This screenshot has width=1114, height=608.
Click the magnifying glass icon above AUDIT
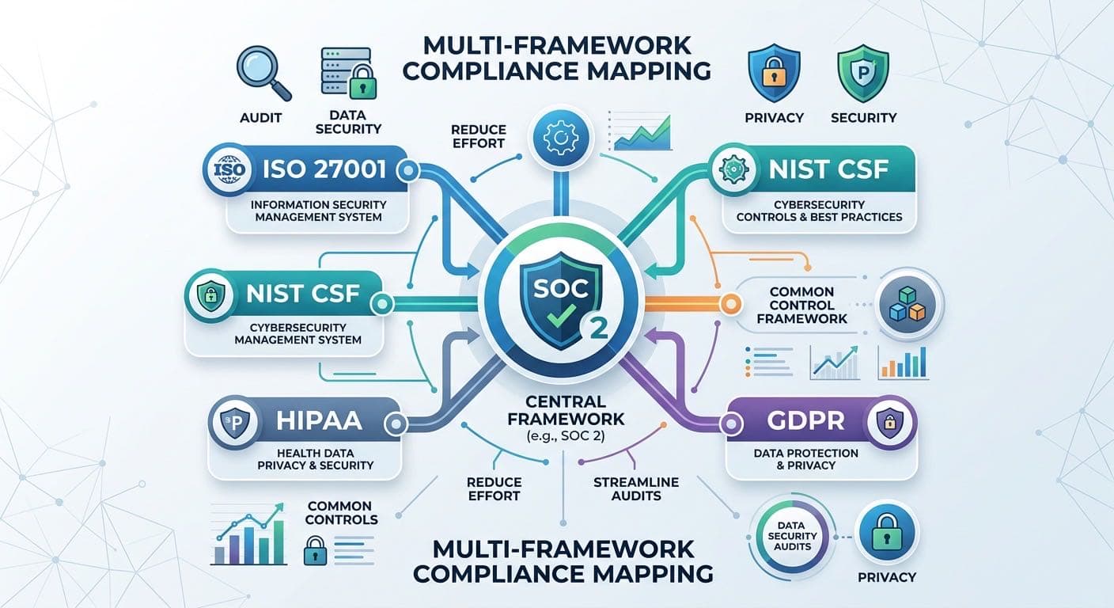(263, 73)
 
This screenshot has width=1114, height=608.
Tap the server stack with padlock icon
(349, 73)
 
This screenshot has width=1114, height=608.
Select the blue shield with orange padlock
(774, 73)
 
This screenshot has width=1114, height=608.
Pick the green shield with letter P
(863, 73)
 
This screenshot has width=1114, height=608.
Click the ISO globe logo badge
(229, 169)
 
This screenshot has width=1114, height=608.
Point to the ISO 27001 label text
(324, 169)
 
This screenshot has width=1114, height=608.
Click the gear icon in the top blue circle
(561, 137)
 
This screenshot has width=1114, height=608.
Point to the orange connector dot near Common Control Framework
(730, 303)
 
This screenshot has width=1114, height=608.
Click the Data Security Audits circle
(792, 536)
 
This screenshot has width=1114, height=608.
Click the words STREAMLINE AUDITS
(636, 488)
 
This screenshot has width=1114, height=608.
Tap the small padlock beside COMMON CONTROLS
(315, 550)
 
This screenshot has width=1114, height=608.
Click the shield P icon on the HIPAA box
(234, 423)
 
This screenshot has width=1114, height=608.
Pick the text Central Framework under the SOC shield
(566, 410)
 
